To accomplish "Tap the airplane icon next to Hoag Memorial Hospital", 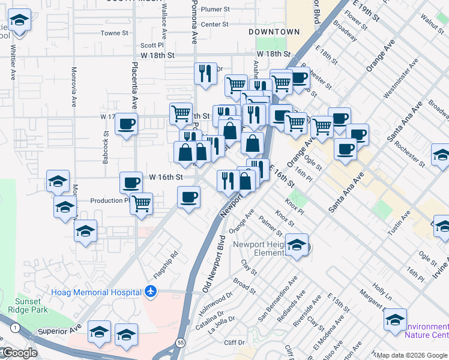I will [x=150, y=292].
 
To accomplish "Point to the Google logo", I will [x=19, y=353].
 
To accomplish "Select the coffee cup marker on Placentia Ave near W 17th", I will [x=126, y=124].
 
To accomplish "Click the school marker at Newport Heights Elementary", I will [x=297, y=245].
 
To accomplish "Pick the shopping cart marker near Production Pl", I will [x=141, y=203].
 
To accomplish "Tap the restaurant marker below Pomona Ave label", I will [x=205, y=74].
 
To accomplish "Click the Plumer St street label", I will [x=215, y=9].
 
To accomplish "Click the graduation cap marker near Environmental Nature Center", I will [x=395, y=320].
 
